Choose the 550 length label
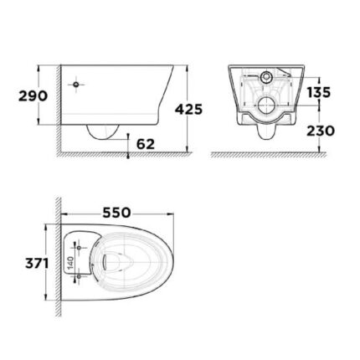(117, 213)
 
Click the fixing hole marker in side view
(76, 85)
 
